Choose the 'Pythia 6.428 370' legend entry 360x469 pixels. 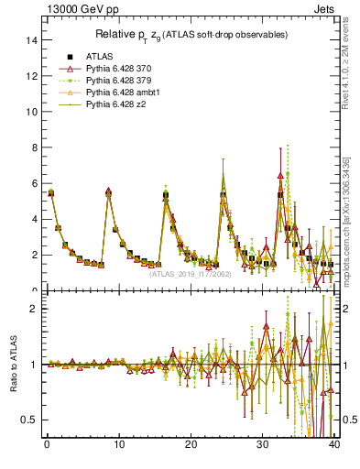(x=117, y=69)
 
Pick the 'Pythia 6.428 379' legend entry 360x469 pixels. (x=117, y=82)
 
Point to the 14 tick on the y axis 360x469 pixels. (x=30, y=40)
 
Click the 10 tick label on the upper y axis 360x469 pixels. (x=30, y=112)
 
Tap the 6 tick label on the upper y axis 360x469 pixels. (x=33, y=183)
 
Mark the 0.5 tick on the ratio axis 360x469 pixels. (x=28, y=420)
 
